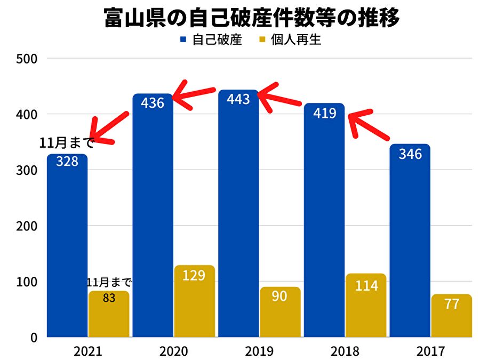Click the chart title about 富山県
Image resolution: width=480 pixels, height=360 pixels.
[x=251, y=19]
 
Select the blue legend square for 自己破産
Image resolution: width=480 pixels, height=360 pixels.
[x=182, y=39]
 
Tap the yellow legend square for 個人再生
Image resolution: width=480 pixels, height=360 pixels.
[x=262, y=39]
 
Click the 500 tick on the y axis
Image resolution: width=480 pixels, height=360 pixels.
[x=26, y=58]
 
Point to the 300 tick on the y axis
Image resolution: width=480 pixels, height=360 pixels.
[x=26, y=170]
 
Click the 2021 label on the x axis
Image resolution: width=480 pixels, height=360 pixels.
[x=88, y=351]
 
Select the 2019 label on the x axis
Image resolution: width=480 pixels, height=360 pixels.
[x=260, y=351]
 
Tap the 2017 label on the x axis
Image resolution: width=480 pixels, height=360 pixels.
[x=431, y=351]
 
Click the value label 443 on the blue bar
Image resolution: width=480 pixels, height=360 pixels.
[x=238, y=99]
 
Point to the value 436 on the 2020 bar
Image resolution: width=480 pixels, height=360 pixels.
[x=153, y=103]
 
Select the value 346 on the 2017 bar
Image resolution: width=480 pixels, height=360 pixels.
[x=410, y=154]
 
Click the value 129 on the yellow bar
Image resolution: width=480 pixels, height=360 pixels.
[x=195, y=276]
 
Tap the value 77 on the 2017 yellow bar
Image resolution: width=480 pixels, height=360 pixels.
[x=452, y=305]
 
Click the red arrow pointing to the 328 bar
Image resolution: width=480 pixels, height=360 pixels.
[x=107, y=128]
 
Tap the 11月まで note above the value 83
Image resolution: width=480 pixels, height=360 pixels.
[x=109, y=282]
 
